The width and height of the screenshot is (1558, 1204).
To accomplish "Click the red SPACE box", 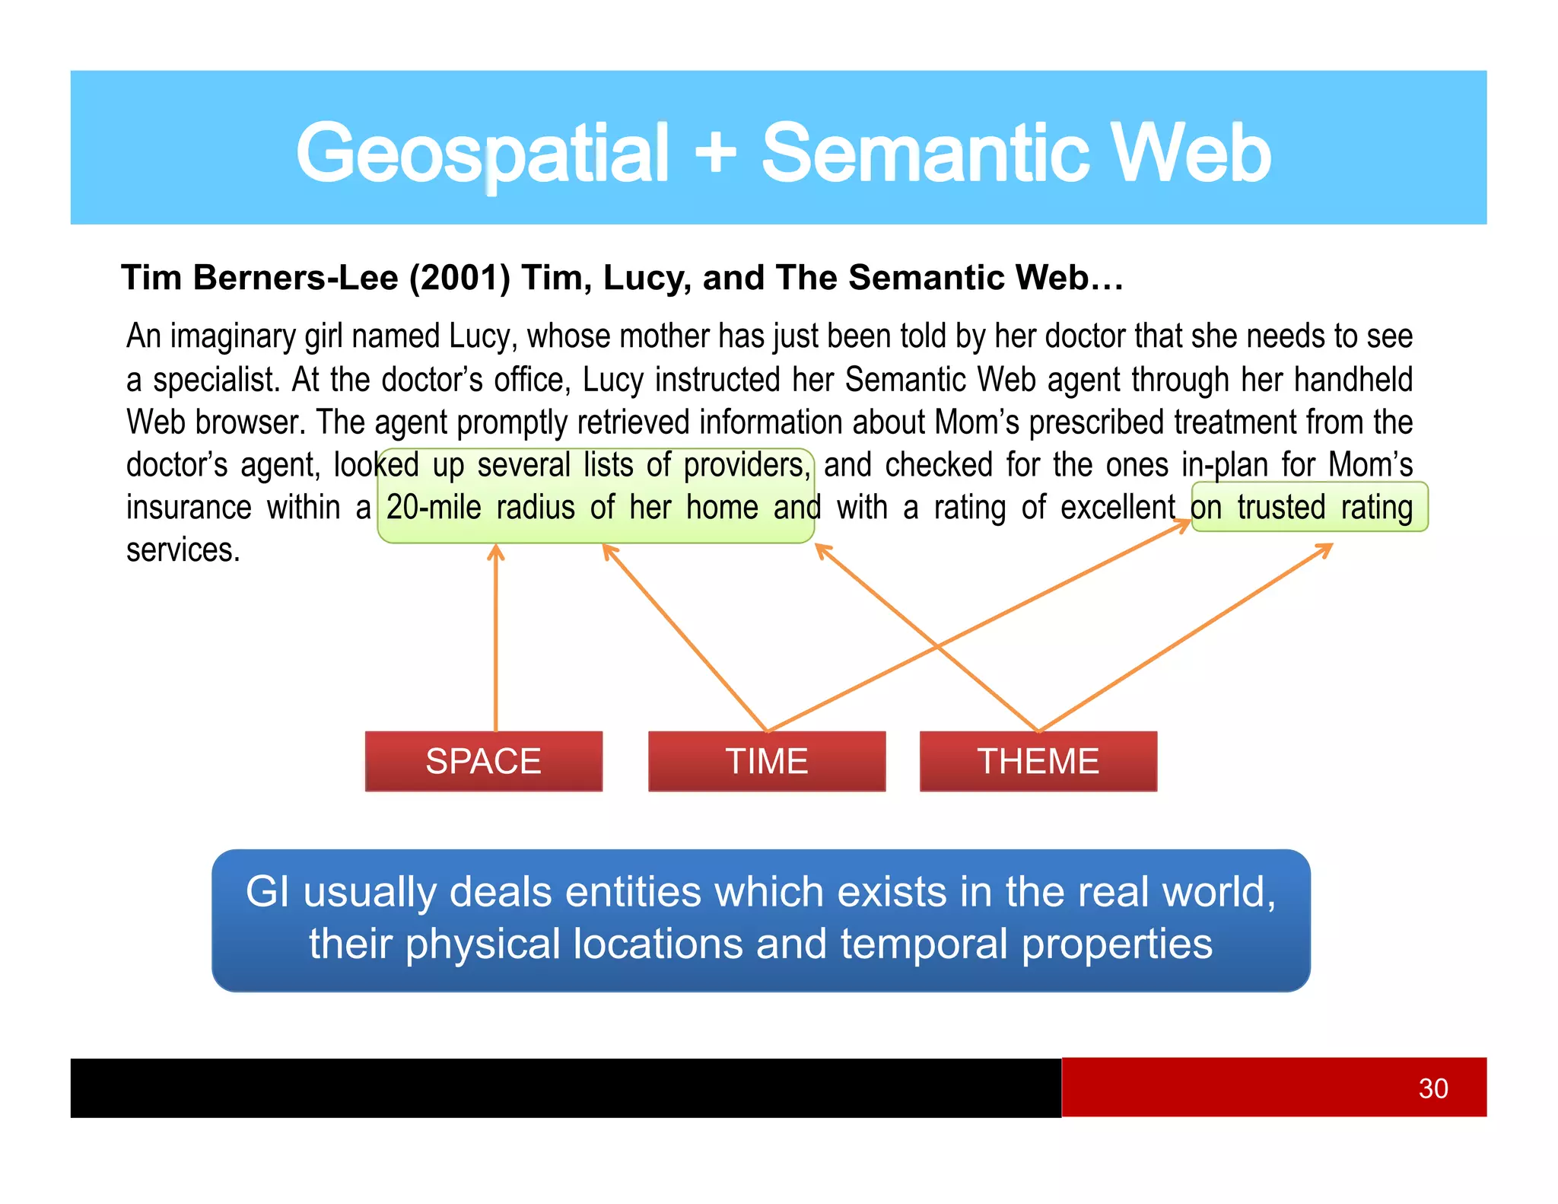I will [x=483, y=761].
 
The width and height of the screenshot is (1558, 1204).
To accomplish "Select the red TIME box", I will [x=766, y=761].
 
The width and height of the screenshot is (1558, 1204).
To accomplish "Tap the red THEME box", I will [x=1038, y=761].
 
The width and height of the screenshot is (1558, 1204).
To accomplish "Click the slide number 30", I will [x=1432, y=1088].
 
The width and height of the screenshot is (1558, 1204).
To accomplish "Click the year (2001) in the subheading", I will [x=459, y=278].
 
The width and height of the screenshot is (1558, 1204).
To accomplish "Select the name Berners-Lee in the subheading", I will [x=296, y=278].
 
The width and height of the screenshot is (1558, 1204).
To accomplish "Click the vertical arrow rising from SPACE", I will [x=496, y=639].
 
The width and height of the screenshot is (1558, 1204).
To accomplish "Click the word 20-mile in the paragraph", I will [x=434, y=508].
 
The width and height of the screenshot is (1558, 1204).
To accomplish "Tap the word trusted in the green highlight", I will [x=1281, y=508].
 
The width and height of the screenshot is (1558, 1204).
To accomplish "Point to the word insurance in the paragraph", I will [x=189, y=508].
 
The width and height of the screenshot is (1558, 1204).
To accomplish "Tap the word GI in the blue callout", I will [x=267, y=892].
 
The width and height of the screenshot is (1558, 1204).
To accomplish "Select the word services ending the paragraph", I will [x=183, y=550].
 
